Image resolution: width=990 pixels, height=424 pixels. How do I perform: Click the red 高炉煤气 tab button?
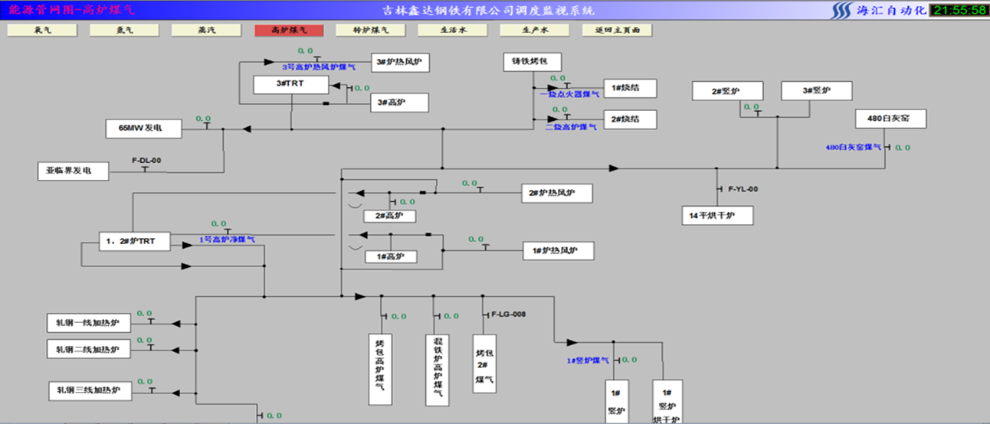click(289, 31)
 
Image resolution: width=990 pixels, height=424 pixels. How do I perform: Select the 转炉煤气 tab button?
click(371, 31)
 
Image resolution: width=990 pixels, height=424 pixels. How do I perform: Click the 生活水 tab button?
click(453, 31)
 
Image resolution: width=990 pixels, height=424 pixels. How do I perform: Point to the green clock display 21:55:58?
click(958, 10)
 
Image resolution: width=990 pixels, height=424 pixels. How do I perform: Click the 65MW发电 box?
click(144, 129)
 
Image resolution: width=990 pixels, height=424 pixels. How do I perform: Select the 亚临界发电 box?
click(73, 171)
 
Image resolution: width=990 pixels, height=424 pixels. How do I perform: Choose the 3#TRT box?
click(290, 84)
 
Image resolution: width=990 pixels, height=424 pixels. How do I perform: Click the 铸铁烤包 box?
click(533, 63)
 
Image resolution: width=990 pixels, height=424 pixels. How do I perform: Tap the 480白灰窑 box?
click(891, 119)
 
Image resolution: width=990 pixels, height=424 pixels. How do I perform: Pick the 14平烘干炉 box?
click(717, 216)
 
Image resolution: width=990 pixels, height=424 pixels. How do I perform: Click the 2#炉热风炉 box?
click(557, 194)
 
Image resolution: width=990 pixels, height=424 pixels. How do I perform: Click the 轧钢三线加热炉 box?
click(88, 390)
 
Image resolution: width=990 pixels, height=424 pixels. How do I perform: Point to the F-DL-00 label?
click(146, 161)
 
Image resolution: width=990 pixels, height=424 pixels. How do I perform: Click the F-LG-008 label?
click(508, 315)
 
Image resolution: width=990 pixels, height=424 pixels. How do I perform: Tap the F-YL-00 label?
click(742, 188)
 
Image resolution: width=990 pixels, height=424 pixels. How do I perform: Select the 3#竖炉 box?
click(817, 91)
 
